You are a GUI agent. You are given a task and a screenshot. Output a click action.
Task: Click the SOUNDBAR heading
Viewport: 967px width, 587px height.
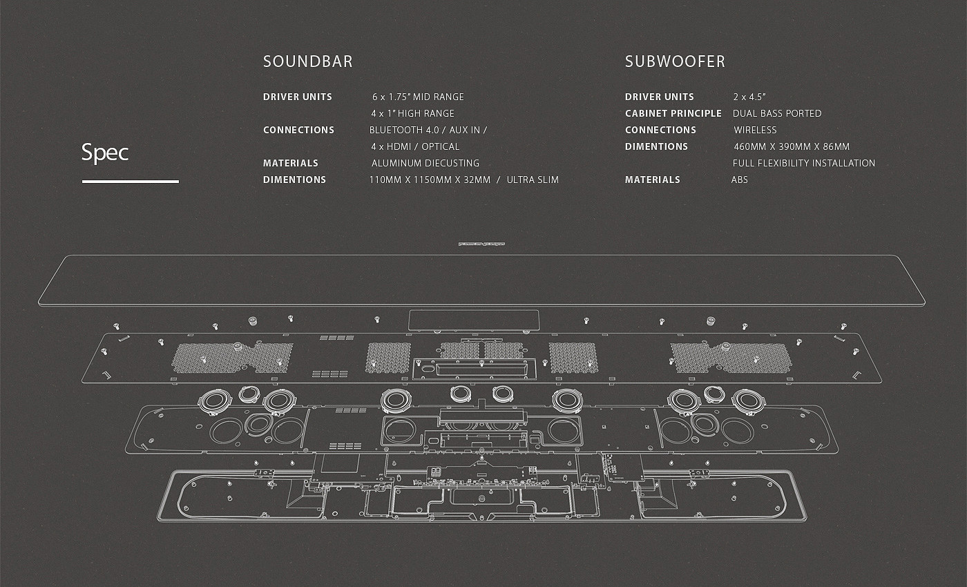tap(307, 61)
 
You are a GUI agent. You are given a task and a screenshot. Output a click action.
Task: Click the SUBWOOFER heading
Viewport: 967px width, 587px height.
tap(675, 61)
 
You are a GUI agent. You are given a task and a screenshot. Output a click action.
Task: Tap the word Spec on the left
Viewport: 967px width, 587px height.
tap(105, 152)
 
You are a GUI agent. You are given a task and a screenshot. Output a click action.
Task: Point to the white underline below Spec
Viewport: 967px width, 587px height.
tap(130, 182)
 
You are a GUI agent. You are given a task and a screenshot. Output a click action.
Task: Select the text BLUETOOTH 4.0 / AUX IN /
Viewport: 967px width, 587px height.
tap(428, 130)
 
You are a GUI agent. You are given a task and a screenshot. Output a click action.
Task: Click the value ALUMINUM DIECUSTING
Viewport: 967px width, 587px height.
tap(425, 163)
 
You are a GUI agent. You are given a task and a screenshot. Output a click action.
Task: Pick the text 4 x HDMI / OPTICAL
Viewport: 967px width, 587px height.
tap(415, 146)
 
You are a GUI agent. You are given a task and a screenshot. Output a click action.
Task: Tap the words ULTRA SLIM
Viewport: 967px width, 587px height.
tap(533, 180)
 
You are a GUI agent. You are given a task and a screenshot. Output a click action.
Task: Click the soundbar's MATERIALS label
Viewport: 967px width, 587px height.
tap(291, 163)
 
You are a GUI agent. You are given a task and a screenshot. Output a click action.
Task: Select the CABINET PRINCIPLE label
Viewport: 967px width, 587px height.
tap(673, 113)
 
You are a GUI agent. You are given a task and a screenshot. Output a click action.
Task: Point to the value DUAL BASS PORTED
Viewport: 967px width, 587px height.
tap(777, 113)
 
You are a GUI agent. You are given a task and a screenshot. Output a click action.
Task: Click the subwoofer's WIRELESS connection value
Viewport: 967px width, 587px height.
tap(755, 130)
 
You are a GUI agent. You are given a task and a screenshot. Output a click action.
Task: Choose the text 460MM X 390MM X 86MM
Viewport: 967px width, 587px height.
tap(792, 146)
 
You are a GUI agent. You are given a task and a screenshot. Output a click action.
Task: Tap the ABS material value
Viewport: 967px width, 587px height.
tap(740, 180)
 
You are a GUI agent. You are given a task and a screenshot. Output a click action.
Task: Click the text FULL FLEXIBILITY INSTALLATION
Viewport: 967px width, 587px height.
tap(803, 163)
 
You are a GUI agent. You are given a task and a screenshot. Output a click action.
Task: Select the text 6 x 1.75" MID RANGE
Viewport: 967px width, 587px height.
tap(418, 97)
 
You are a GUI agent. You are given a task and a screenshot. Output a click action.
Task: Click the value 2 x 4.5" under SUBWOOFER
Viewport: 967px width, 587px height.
tap(749, 97)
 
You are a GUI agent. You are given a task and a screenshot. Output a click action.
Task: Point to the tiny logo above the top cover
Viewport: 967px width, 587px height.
tap(481, 243)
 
